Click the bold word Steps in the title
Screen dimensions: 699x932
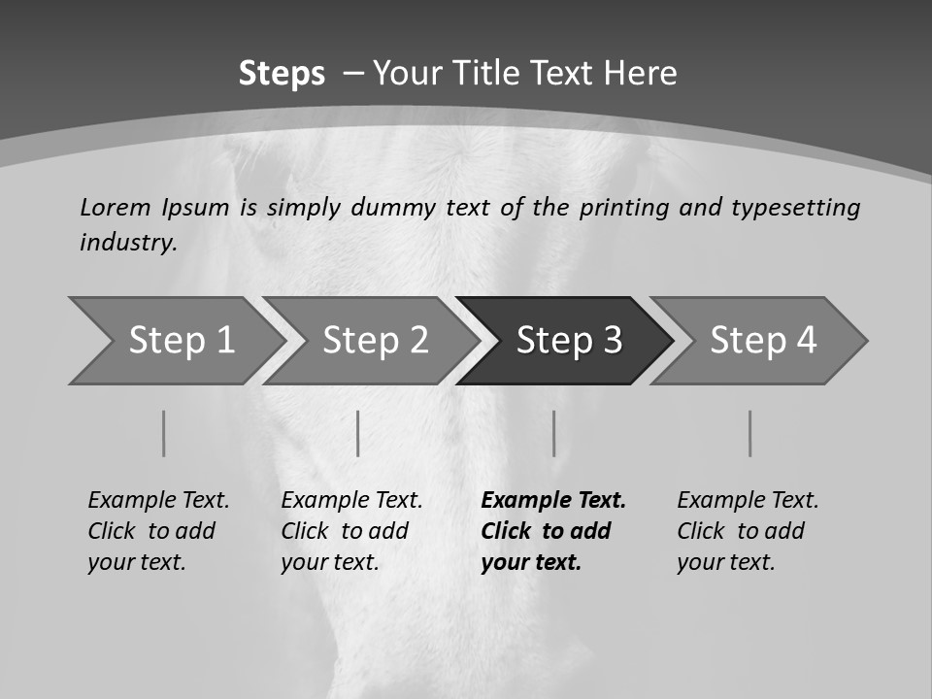pos(282,74)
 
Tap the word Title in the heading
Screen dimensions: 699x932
pos(505,74)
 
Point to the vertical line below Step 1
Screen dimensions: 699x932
pos(163,433)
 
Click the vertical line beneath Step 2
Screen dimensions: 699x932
pos(357,433)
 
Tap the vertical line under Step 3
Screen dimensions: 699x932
pos(553,433)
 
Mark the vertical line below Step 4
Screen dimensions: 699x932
pos(749,433)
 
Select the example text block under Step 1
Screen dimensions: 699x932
pos(158,531)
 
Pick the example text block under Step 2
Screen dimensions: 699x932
pos(351,531)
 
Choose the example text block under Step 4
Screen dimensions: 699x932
pos(748,531)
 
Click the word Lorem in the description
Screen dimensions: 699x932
pos(115,207)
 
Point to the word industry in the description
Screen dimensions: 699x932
pos(128,243)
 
